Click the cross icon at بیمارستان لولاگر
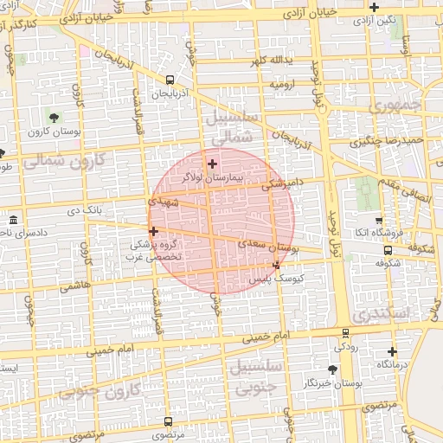pyautogui.click(x=212, y=164)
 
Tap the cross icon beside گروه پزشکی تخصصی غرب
pyautogui.click(x=153, y=231)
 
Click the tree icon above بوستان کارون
pyautogui.click(x=55, y=117)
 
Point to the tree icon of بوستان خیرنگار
pyautogui.click(x=332, y=369)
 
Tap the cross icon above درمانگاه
pyautogui.click(x=393, y=351)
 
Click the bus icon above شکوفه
pyautogui.click(x=387, y=250)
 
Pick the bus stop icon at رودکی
pyautogui.click(x=346, y=332)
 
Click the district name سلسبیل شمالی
pyautogui.click(x=228, y=126)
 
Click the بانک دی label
pyautogui.click(x=86, y=210)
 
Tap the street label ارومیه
pyautogui.click(x=282, y=86)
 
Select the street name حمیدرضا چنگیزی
pyautogui.click(x=386, y=140)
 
